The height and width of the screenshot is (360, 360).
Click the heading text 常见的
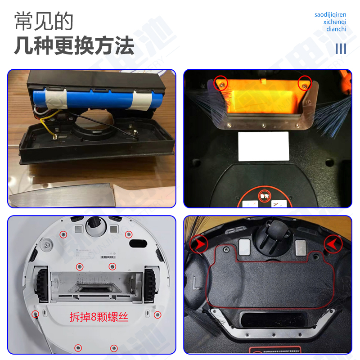(x=44, y=21)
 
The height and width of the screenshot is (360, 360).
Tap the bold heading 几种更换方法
(x=74, y=45)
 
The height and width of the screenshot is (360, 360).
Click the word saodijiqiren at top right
(x=330, y=15)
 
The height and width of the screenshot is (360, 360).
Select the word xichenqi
(x=335, y=22)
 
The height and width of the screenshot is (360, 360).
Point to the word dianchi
(x=336, y=29)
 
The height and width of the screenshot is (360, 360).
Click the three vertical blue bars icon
(x=341, y=48)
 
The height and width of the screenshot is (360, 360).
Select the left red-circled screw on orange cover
(x=220, y=82)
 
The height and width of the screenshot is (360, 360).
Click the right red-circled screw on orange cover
(x=305, y=82)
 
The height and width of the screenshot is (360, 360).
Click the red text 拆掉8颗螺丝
(x=99, y=317)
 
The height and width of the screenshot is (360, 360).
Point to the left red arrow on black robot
(x=198, y=245)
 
